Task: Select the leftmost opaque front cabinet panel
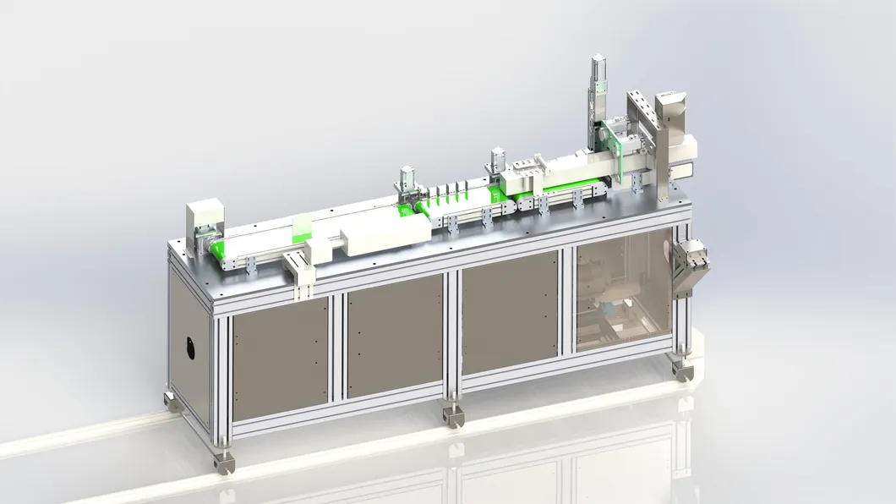pos(280,359)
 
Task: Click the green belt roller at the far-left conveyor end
pos(218,249)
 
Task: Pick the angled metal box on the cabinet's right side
pos(691,265)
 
